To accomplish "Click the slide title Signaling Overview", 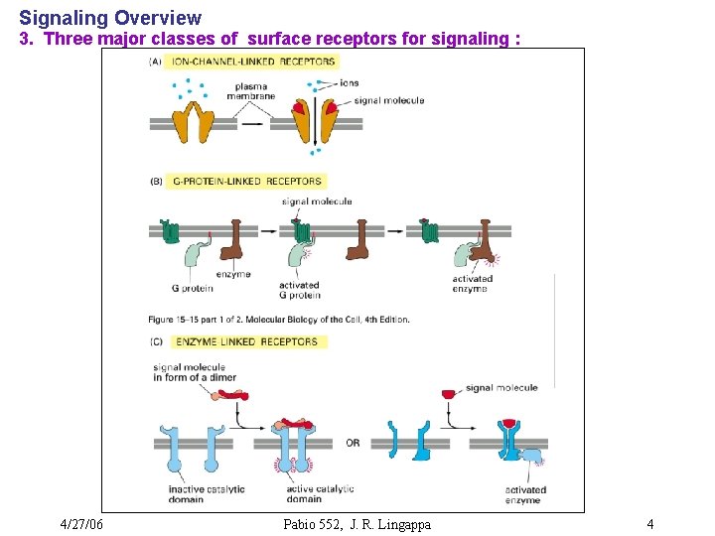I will click(x=110, y=18).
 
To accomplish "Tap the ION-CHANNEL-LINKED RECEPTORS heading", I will click(x=253, y=62).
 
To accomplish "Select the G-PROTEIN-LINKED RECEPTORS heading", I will click(x=247, y=182).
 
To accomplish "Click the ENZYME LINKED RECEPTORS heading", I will click(x=246, y=342).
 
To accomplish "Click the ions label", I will click(x=349, y=83).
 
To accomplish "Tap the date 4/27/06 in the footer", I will click(x=81, y=524).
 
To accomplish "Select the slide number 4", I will click(x=649, y=524).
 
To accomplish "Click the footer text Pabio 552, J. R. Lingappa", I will click(x=357, y=524).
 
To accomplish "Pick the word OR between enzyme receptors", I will click(x=353, y=444).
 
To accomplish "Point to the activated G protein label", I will click(x=299, y=290).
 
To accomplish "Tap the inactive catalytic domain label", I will click(x=201, y=494).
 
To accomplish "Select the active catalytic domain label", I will click(x=320, y=494).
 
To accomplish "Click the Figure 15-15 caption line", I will click(x=278, y=320).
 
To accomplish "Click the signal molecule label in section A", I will click(x=388, y=100).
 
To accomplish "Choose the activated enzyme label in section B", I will click(x=472, y=284).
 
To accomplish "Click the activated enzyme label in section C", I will click(x=525, y=494).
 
